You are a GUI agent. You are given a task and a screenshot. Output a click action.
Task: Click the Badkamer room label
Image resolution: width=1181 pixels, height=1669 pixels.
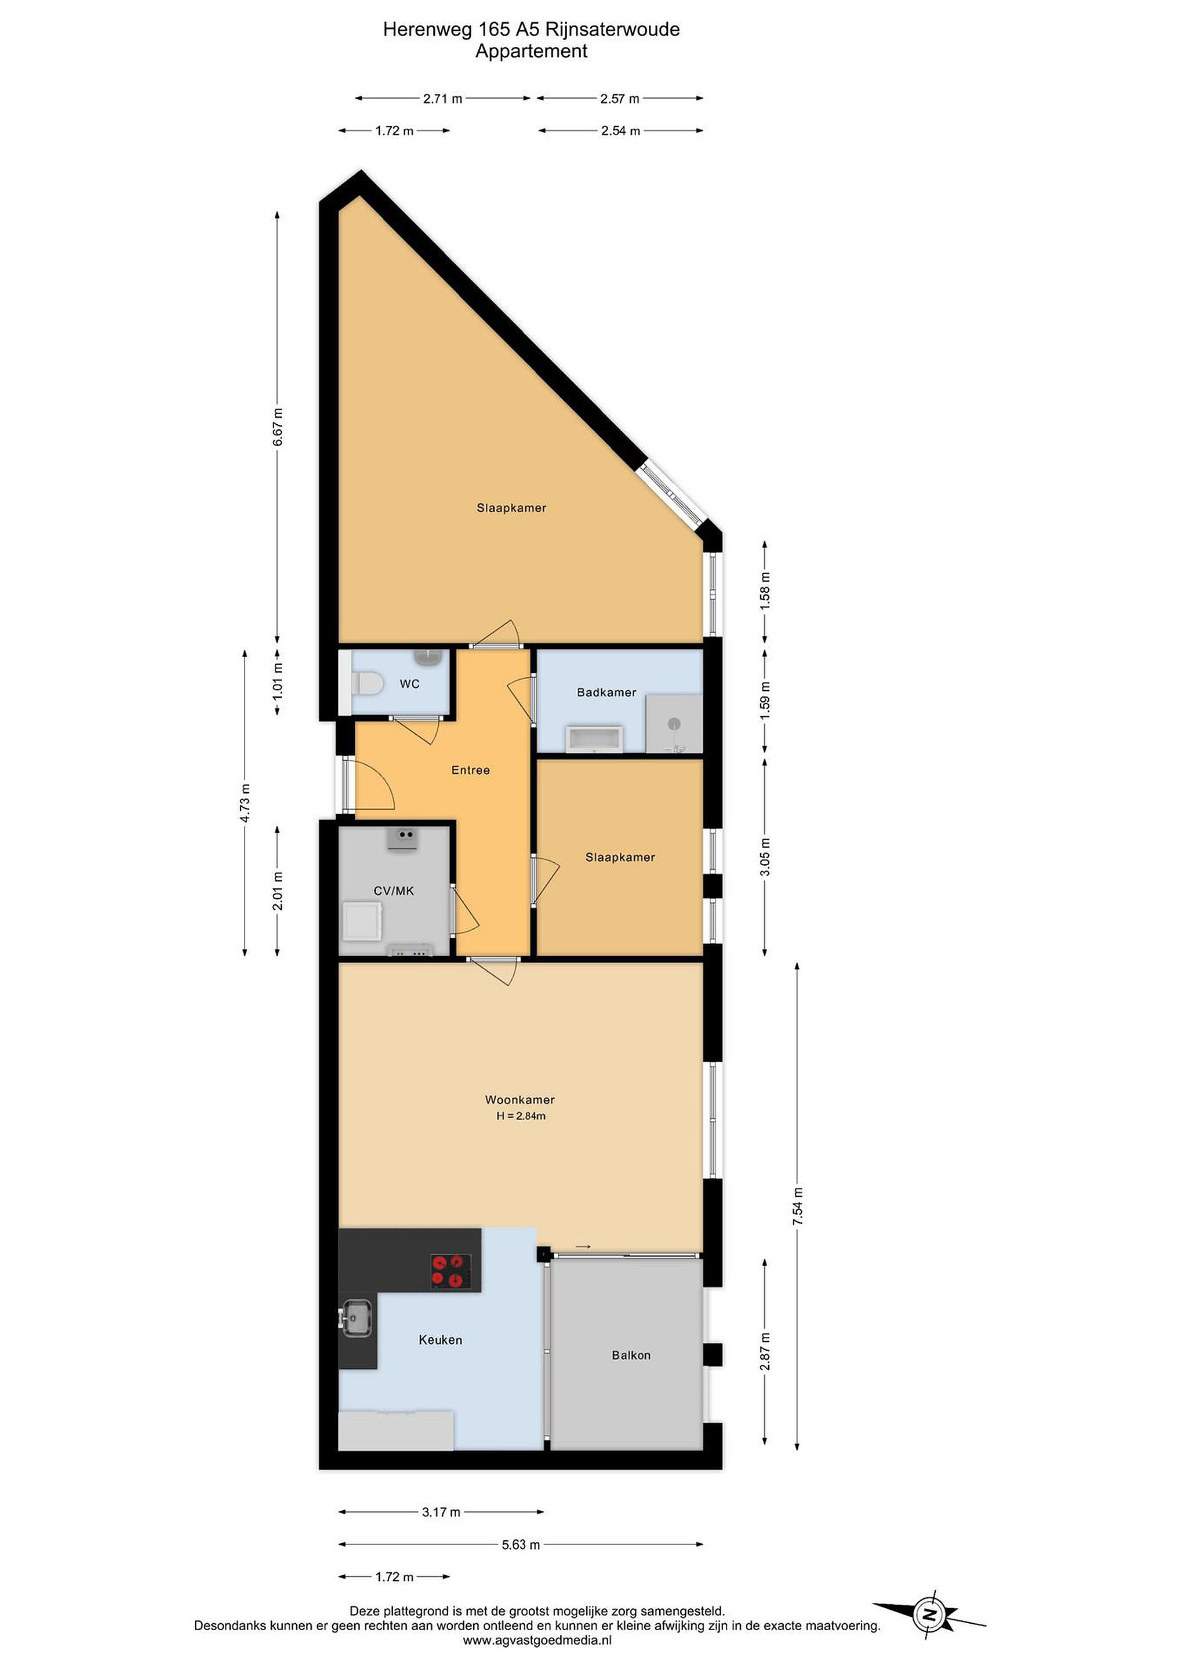[606, 692]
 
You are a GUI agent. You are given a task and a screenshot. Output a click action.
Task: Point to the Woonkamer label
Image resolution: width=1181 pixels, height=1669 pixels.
[520, 1100]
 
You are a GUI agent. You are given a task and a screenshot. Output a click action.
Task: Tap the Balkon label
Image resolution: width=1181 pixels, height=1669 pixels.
[631, 1355]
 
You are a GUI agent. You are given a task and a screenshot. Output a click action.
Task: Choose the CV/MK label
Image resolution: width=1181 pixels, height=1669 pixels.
[394, 891]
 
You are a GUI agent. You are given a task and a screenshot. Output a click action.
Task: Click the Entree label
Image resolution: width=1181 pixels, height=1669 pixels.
[471, 770]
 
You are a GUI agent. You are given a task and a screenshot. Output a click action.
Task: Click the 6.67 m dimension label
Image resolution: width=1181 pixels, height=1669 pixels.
[277, 428]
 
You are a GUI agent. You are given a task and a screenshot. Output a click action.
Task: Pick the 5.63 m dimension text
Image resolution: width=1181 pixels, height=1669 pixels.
[521, 1565]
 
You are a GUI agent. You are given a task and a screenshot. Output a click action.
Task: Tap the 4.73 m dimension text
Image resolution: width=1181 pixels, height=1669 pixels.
[245, 803]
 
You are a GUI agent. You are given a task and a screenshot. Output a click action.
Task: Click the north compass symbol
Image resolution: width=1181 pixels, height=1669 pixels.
[929, 1616]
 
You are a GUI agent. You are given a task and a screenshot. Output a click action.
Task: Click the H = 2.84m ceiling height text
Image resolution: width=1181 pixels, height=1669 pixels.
[521, 1116]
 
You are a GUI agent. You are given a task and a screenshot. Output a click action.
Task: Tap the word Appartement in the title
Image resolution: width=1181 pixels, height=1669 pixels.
[532, 52]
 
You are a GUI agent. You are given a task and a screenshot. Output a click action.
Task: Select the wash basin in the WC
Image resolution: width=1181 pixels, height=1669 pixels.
[428, 657]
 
